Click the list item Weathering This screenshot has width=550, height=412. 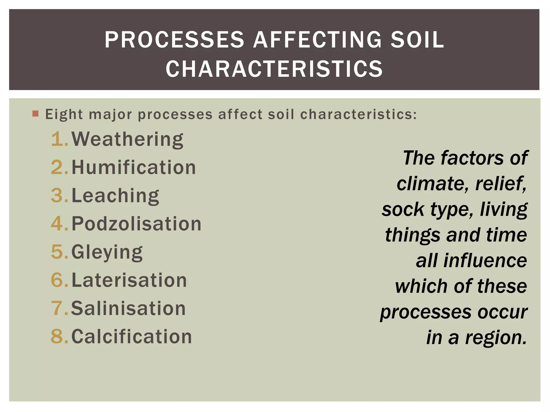(x=127, y=139)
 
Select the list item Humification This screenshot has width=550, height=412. (x=134, y=167)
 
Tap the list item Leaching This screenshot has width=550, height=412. (x=115, y=196)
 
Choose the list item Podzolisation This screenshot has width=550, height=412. (x=136, y=224)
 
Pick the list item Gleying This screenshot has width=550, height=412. (x=107, y=252)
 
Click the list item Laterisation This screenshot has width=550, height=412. (x=129, y=280)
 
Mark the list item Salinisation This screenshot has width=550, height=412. (x=128, y=308)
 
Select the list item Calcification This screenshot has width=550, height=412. (x=132, y=336)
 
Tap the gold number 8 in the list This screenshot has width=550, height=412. (x=58, y=336)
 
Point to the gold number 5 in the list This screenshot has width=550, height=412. (x=58, y=252)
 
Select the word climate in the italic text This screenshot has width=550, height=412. (x=432, y=184)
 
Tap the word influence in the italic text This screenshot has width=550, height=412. (x=485, y=260)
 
